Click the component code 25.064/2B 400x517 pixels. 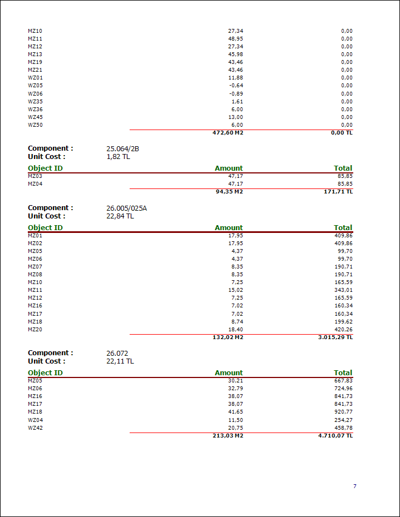122,149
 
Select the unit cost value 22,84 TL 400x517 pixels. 120,216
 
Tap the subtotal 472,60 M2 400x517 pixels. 228,133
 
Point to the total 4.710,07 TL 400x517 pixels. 332,436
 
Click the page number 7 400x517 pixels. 354,486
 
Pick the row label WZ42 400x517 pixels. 35,427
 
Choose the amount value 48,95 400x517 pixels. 235,39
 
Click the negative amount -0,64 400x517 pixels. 236,86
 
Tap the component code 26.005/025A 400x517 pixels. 126,208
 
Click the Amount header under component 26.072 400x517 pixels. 229,373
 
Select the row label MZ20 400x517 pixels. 35,330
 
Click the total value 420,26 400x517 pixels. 343,330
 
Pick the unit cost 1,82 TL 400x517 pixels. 118,157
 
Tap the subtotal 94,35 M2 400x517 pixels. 229,192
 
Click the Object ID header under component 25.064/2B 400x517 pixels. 45,168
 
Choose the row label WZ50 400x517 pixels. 35,125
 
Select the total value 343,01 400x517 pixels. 343,290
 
